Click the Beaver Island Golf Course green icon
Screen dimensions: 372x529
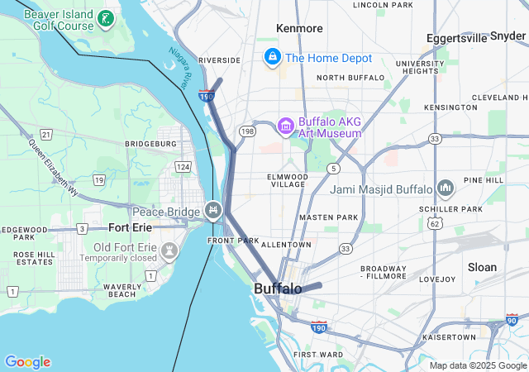(105, 18)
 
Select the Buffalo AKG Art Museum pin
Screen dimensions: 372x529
(286, 126)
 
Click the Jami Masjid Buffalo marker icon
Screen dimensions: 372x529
(446, 188)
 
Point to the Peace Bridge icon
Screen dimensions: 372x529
(214, 210)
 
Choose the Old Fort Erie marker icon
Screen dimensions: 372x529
(169, 249)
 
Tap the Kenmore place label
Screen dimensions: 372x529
(300, 28)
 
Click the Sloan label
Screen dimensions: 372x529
(482, 267)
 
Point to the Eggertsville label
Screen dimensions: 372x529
(457, 38)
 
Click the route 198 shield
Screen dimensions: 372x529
(247, 131)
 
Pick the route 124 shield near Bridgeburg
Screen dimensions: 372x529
(183, 167)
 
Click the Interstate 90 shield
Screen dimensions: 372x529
(512, 320)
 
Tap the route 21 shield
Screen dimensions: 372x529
(46, 134)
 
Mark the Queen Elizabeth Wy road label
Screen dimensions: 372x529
(53, 166)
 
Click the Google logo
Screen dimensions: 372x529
(27, 362)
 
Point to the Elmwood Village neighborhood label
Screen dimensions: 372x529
(288, 180)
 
